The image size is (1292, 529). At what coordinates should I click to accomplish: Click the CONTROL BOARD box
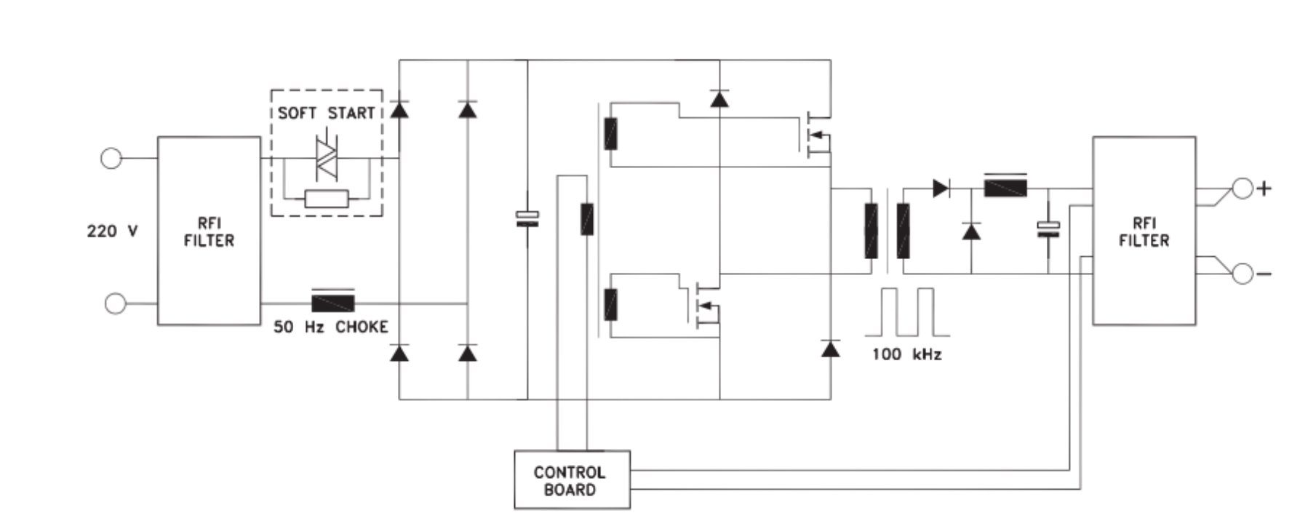(572, 480)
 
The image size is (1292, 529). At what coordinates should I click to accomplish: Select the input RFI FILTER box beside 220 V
(209, 231)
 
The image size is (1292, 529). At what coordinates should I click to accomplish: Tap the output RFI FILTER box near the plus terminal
(1144, 231)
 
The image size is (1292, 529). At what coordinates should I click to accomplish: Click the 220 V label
(112, 231)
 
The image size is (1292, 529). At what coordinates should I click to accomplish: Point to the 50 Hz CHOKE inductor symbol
(333, 302)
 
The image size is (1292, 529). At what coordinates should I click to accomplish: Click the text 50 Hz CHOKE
(331, 327)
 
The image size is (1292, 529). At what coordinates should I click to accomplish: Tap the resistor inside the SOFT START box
(327, 199)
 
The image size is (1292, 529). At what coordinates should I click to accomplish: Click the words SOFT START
(326, 113)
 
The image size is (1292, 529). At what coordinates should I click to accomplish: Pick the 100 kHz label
(907, 354)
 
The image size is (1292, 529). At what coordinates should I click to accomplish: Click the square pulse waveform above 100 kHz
(906, 312)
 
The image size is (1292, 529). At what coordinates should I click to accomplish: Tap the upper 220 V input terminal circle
(111, 158)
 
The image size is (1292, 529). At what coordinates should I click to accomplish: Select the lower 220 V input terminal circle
(115, 303)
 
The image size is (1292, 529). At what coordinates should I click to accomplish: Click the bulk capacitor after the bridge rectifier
(527, 218)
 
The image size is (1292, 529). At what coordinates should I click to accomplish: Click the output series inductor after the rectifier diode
(1005, 187)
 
